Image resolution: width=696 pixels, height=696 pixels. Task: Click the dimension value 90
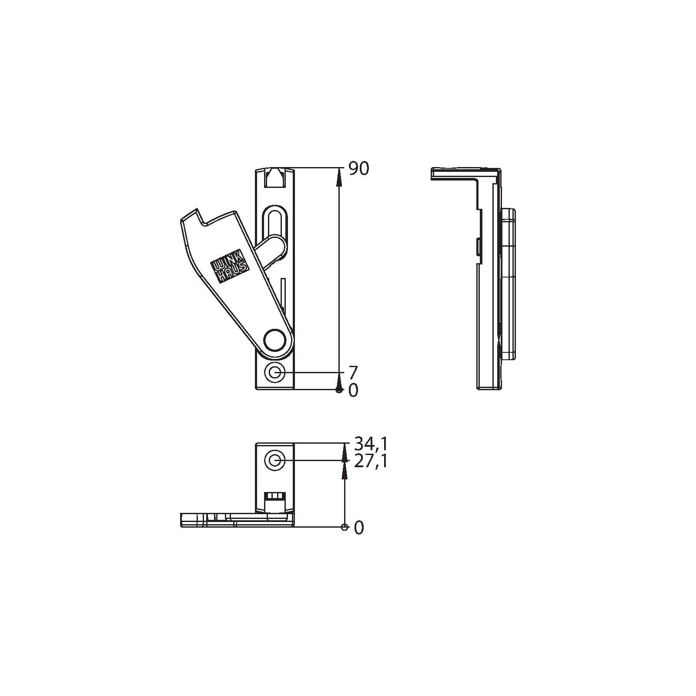pos(359,169)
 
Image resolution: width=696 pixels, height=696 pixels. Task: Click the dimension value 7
pos(353,373)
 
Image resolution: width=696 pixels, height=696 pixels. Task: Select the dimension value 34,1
pos(370,444)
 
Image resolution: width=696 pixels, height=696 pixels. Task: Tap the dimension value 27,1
pos(370,461)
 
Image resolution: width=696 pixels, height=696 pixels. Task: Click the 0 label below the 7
pos(353,390)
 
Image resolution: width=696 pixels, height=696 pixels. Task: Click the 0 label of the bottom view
pos(358,528)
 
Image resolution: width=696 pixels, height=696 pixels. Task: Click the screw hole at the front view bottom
pos(275,373)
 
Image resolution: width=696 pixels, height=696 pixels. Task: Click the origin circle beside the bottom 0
pos(345,527)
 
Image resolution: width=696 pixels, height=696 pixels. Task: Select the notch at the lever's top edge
pos(201,217)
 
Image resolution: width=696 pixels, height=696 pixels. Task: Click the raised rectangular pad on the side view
pos(508,285)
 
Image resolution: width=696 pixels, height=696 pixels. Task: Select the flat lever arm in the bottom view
pos(217,520)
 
